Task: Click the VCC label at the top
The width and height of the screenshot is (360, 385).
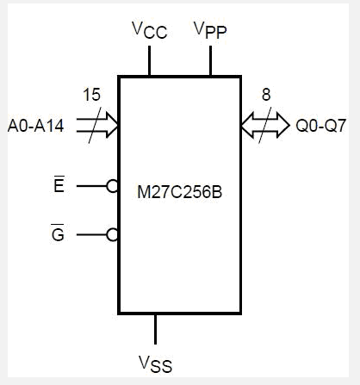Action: (149, 32)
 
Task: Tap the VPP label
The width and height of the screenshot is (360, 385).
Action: (210, 32)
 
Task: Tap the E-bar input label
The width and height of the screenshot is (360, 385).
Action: (59, 184)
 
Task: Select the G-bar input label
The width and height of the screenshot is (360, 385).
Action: (59, 233)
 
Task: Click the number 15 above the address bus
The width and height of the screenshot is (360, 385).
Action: (92, 95)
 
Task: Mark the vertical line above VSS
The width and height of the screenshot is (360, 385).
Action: (156, 329)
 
